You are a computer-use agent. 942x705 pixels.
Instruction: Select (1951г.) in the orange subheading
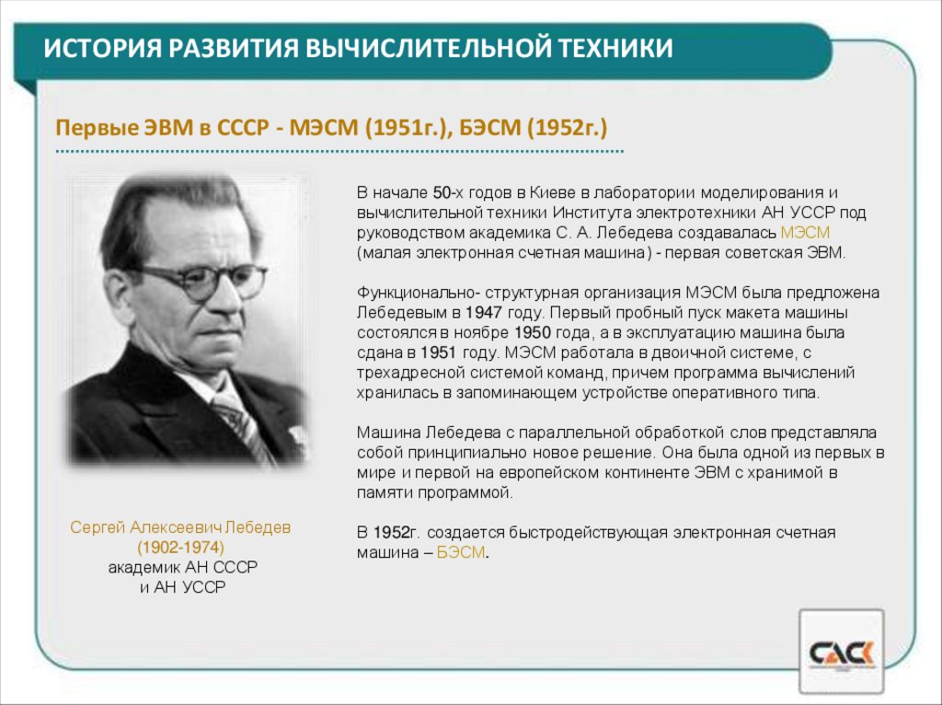point(406,126)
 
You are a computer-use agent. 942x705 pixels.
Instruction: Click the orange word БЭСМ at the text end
point(460,552)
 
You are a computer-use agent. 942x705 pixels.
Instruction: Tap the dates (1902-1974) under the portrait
point(181,547)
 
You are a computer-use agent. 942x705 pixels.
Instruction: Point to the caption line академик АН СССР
point(182,567)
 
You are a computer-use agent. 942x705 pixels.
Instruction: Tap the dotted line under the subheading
point(340,151)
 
